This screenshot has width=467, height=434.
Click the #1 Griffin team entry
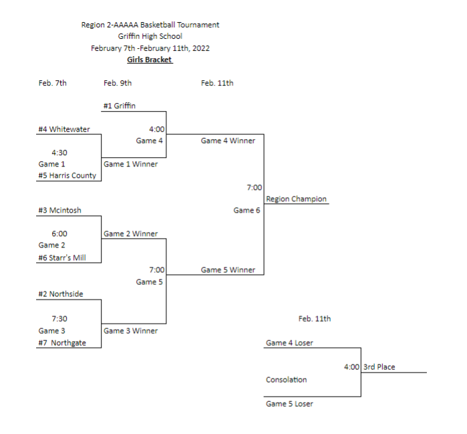point(121,106)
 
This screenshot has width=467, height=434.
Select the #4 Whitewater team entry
point(64,130)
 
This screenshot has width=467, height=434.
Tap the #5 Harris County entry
point(67,176)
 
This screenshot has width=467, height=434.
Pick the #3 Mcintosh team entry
point(60,211)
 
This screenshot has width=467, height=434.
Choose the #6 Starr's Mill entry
point(62,257)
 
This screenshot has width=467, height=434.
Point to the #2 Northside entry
point(61,294)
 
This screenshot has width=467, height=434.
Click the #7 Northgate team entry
point(62,343)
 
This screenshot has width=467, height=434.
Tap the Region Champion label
point(296,199)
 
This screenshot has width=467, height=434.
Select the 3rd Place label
point(379,367)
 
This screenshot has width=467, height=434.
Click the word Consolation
point(287,380)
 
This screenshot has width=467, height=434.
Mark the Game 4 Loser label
point(289,343)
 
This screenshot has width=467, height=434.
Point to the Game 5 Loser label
point(289,404)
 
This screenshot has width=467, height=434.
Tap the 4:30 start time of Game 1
point(59,152)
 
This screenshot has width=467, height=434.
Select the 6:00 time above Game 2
point(59,234)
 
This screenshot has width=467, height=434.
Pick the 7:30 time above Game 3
point(59,319)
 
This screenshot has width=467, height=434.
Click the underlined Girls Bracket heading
point(150,60)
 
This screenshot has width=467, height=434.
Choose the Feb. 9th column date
point(118,84)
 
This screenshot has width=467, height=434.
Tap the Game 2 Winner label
point(130,234)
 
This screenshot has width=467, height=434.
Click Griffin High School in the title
point(150,37)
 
